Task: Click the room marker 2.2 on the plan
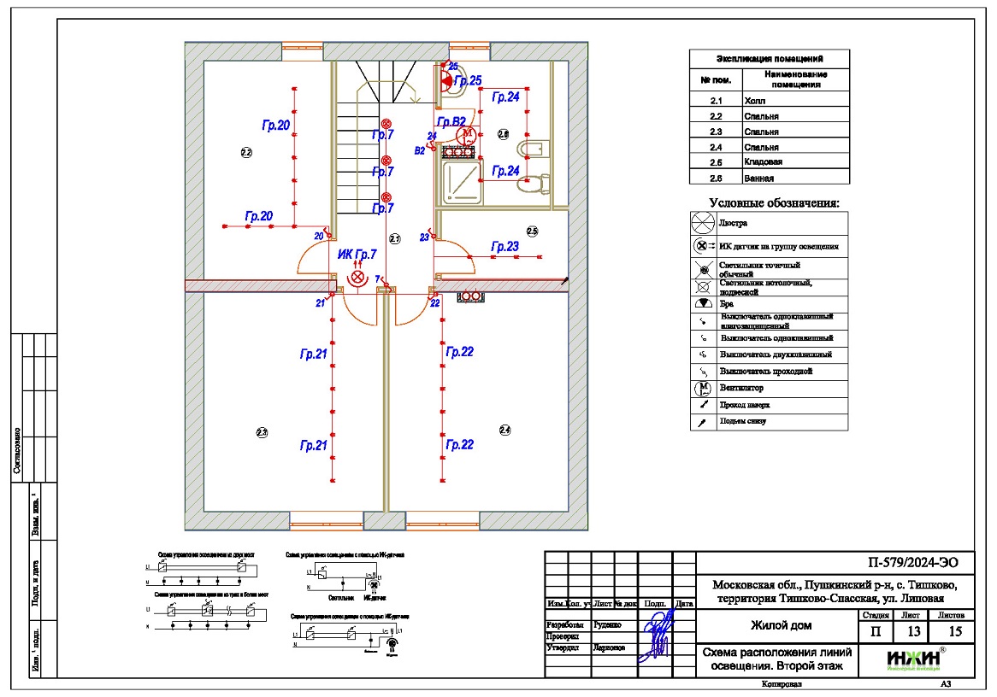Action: point(246,153)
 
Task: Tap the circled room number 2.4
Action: point(504,430)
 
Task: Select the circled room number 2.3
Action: point(263,432)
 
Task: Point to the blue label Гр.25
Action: point(468,80)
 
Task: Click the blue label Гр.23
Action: point(504,247)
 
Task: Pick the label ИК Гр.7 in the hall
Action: point(357,255)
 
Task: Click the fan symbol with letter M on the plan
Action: point(467,134)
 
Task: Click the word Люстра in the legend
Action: point(734,224)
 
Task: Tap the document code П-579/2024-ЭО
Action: point(914,562)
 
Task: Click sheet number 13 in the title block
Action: point(914,631)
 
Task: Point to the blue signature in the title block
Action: point(657,632)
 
